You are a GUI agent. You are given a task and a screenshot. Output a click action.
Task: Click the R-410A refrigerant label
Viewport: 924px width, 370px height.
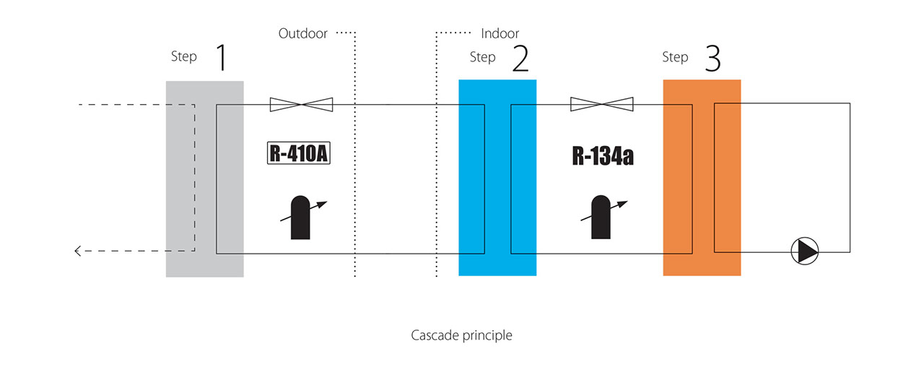tap(299, 154)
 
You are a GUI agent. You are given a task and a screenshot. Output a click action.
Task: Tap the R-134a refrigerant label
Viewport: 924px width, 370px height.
tap(603, 155)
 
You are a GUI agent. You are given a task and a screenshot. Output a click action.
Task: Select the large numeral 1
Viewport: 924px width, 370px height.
tap(221, 58)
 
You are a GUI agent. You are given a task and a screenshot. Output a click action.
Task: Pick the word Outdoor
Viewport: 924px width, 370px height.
tap(303, 33)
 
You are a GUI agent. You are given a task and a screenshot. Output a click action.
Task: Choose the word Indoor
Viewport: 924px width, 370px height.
tap(500, 33)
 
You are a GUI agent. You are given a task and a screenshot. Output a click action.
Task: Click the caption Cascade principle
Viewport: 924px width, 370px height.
tap(462, 335)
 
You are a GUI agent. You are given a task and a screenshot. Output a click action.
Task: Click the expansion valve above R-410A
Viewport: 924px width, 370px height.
tap(302, 105)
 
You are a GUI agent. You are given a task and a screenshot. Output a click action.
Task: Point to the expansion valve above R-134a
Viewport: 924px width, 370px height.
tap(602, 105)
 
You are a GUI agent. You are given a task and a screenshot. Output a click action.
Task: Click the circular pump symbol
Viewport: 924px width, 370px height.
tap(805, 251)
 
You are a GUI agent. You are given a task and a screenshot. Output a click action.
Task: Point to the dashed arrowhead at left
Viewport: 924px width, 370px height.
tap(78, 251)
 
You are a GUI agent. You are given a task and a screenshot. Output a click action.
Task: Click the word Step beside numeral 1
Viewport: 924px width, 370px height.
tap(183, 56)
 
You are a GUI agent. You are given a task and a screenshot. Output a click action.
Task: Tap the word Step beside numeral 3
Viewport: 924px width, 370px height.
tap(675, 57)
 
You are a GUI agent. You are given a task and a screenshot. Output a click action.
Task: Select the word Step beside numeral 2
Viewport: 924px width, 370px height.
tap(482, 57)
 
